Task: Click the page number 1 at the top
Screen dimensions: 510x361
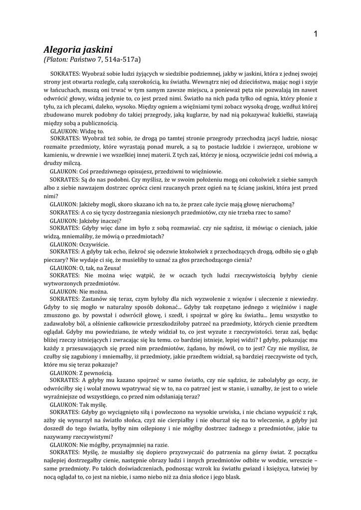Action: click(x=316, y=33)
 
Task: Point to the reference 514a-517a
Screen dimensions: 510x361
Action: click(x=122, y=60)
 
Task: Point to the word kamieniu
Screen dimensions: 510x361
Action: click(x=56, y=155)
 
